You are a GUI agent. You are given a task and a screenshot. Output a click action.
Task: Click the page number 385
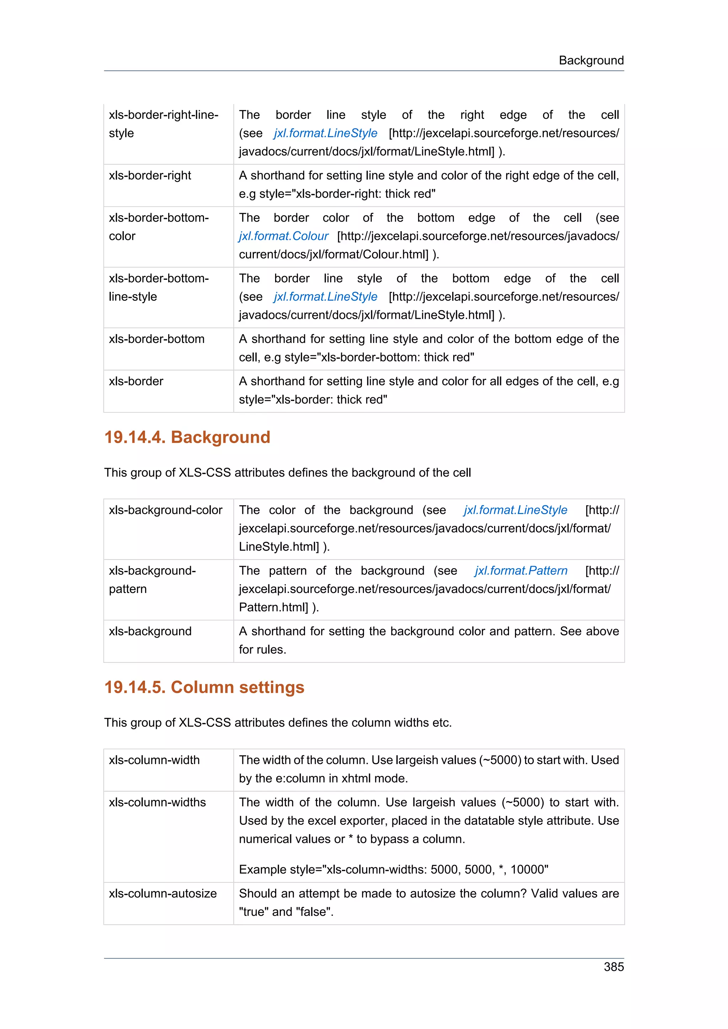[x=613, y=967]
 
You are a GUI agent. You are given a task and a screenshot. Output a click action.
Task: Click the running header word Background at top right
[x=591, y=60]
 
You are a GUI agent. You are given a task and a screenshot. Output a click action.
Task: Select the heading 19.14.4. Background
[x=187, y=437]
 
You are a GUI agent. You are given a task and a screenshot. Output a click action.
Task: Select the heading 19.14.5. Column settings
[x=204, y=687]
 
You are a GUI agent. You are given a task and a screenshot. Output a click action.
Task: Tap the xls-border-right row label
[x=150, y=175]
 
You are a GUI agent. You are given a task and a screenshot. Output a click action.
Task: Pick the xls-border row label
[x=136, y=381]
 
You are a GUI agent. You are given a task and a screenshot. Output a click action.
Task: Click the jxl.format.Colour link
[x=283, y=236]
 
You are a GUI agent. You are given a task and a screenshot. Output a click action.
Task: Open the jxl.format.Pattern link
[x=521, y=571]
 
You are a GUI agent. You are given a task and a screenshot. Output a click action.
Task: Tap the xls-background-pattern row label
[x=152, y=579]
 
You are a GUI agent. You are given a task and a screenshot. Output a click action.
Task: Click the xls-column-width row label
[x=154, y=760]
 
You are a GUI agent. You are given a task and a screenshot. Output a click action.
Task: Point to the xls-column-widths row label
[x=157, y=802]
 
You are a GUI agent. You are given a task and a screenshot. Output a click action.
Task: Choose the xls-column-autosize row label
[x=162, y=893]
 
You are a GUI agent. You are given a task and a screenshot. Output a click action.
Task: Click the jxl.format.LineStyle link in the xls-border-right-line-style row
[x=325, y=133]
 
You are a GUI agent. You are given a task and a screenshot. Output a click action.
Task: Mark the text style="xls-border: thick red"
[x=313, y=399]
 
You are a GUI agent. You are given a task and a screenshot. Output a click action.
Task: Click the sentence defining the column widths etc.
[x=278, y=723]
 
